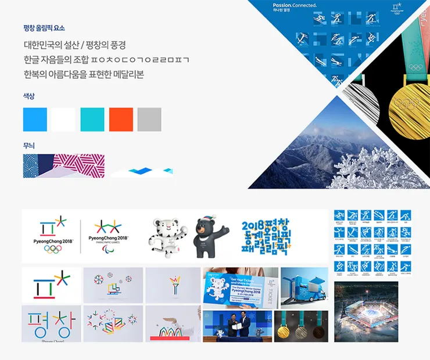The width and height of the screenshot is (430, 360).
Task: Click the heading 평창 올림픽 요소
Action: tap(44, 28)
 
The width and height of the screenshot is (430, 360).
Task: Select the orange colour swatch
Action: tap(121, 119)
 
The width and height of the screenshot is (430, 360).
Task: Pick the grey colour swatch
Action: tap(149, 119)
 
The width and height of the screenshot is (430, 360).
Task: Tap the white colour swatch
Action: tap(63, 119)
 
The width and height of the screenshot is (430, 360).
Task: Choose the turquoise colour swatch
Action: tap(92, 119)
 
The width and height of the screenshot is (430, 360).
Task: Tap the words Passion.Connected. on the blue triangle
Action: tap(295, 5)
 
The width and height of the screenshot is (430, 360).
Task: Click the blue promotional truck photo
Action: tap(304, 287)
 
